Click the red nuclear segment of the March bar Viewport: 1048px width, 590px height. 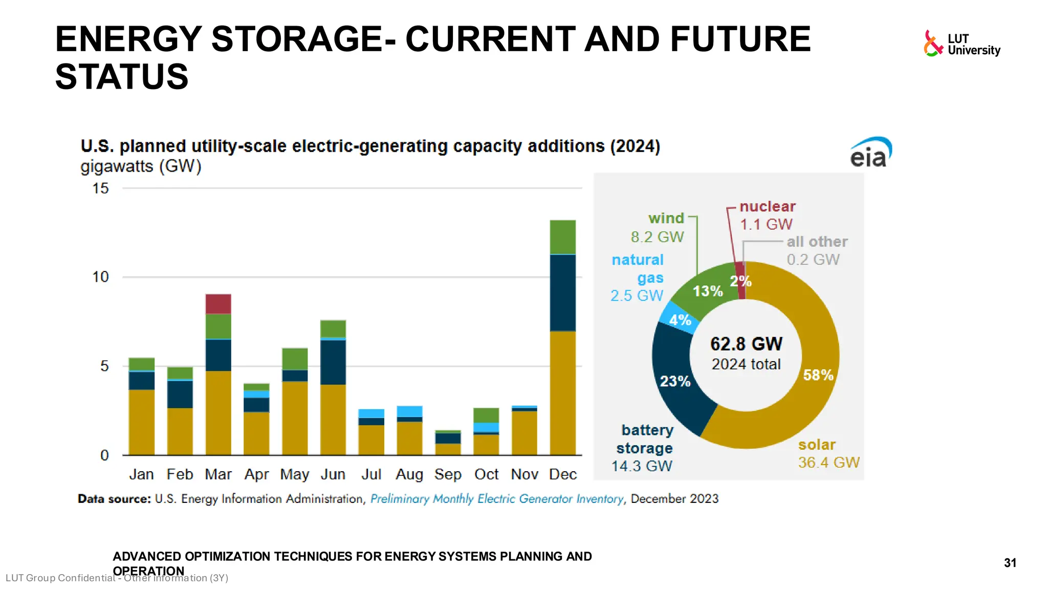(x=218, y=304)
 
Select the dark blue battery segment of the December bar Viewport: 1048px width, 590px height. (x=562, y=293)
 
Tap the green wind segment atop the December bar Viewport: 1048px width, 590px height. (x=562, y=237)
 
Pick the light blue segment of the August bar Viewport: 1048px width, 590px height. (x=409, y=411)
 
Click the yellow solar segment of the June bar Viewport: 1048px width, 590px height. (x=333, y=419)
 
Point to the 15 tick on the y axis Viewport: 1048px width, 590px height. (x=100, y=188)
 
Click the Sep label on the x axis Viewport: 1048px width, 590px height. (x=448, y=474)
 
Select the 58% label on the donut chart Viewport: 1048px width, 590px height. (x=818, y=375)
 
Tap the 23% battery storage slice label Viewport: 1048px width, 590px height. (x=675, y=381)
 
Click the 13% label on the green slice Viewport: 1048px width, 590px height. (x=708, y=291)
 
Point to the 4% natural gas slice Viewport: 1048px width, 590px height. (x=680, y=320)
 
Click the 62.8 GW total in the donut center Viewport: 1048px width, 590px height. (x=746, y=344)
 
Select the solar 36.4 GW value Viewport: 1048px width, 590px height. (x=828, y=462)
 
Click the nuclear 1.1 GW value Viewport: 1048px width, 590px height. (x=766, y=224)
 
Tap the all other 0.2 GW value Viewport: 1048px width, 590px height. (x=813, y=260)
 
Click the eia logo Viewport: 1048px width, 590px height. (x=870, y=153)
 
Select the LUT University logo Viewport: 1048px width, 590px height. (x=962, y=44)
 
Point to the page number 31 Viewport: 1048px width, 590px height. (x=1010, y=563)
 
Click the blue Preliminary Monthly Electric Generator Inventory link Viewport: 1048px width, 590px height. (x=496, y=499)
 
